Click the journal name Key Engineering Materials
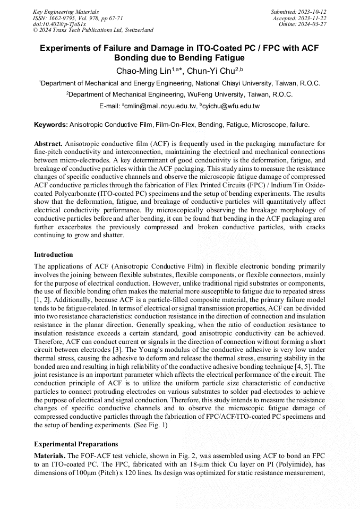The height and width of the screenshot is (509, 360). click(x=65, y=11)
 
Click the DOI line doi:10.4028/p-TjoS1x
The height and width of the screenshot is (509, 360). click(x=59, y=24)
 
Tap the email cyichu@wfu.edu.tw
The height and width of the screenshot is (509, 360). click(x=231, y=106)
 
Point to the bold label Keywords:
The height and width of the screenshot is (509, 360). click(x=51, y=125)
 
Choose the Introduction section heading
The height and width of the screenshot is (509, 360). click(x=54, y=255)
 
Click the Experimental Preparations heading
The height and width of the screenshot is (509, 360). click(x=76, y=444)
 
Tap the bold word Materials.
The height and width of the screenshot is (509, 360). click(x=50, y=456)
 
